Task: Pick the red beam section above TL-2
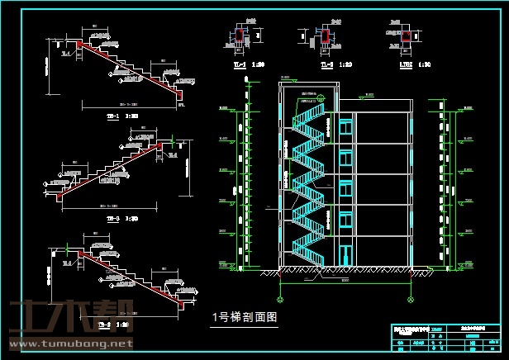pos(325,36)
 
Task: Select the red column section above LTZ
pos(407,36)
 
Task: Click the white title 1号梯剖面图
pos(245,315)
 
